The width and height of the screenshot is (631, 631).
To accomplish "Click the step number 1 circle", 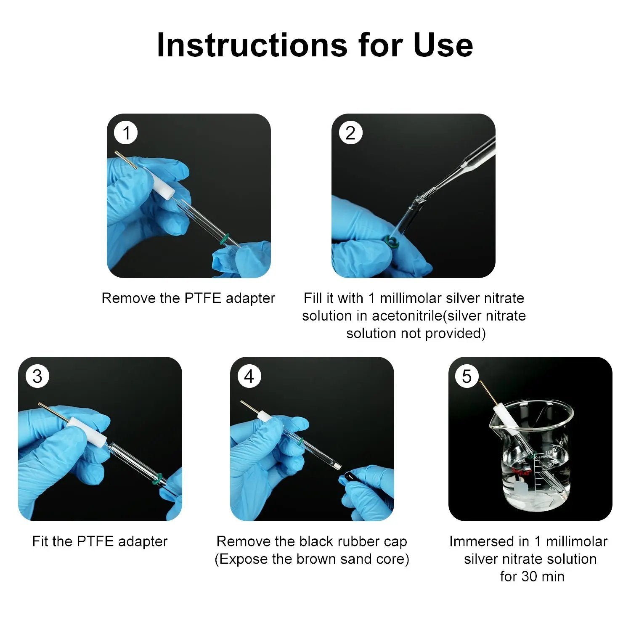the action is click(126, 133).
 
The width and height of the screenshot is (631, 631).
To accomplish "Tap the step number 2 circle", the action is click(350, 133).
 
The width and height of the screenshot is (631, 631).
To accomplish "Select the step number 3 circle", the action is click(37, 376).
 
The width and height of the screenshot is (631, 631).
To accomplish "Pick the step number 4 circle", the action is click(249, 376).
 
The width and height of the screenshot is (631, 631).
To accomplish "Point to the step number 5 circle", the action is click(467, 376).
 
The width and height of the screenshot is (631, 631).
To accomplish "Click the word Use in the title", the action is click(443, 45).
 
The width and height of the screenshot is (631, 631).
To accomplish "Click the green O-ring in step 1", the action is click(225, 239).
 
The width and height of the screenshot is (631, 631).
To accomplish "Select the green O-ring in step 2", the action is click(392, 242).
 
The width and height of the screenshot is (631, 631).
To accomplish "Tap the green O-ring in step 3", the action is click(157, 480).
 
